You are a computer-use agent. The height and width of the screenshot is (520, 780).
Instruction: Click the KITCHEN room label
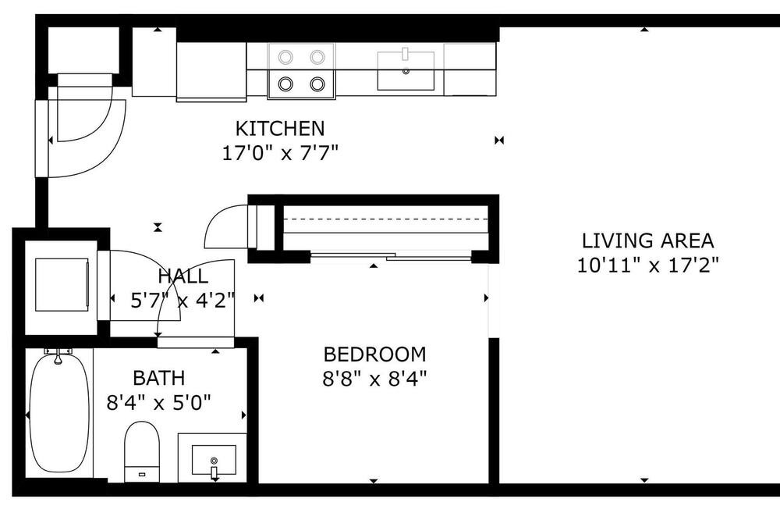(280, 129)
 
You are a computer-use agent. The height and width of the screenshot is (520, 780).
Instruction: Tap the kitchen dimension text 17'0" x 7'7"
(280, 153)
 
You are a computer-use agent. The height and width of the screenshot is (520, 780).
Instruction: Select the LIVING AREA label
(648, 240)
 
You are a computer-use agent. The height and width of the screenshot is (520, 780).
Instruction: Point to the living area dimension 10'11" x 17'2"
(648, 265)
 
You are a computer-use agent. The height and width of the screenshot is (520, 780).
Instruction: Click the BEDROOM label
(374, 354)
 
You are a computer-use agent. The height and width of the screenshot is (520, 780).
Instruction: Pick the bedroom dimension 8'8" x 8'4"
(374, 379)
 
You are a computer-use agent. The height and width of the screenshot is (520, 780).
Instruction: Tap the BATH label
(159, 378)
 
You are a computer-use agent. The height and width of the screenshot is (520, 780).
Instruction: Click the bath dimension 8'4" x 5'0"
(159, 402)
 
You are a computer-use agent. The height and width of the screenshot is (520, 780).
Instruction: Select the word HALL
(183, 276)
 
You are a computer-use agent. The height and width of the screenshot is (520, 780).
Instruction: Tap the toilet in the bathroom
(142, 451)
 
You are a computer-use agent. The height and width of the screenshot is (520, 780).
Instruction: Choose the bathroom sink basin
(214, 460)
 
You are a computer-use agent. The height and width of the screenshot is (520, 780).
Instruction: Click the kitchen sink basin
(406, 71)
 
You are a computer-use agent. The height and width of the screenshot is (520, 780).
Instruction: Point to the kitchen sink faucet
(406, 53)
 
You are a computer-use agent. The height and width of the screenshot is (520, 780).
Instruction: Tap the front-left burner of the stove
(285, 84)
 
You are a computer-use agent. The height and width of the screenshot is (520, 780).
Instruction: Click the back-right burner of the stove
(317, 57)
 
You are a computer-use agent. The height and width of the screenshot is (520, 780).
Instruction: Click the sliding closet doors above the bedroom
(391, 257)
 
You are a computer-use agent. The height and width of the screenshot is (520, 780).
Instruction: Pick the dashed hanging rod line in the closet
(385, 219)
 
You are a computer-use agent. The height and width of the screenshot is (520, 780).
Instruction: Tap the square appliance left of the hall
(61, 284)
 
